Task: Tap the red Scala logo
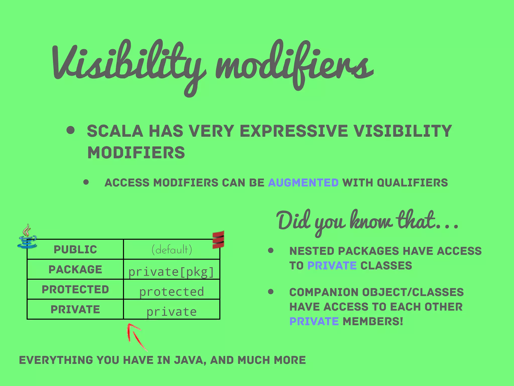[x=218, y=239]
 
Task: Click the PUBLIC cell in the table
[x=75, y=249]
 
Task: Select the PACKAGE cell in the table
[x=75, y=269]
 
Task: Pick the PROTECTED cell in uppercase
[x=75, y=289]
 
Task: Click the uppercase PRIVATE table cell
[x=75, y=309]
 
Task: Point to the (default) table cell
[x=172, y=249]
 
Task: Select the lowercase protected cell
[x=172, y=292]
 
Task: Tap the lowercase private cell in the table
[x=172, y=312]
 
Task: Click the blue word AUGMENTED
[x=303, y=182]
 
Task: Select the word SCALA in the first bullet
[x=115, y=131]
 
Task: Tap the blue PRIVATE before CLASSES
[x=332, y=266]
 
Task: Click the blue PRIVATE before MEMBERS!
[x=314, y=321]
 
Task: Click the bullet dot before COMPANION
[x=271, y=292]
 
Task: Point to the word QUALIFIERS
[x=412, y=182]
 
